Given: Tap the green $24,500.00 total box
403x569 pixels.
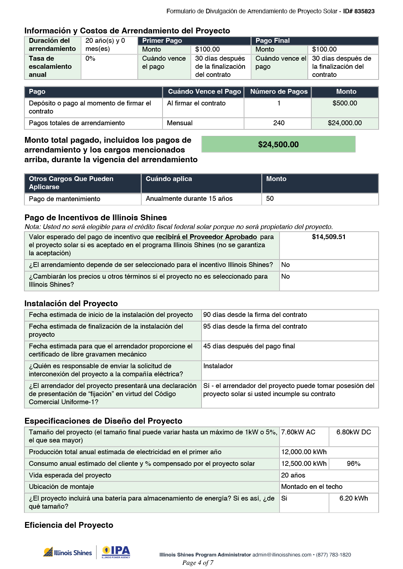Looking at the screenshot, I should coord(278,144).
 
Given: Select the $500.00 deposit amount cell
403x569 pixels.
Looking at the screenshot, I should coord(344,103).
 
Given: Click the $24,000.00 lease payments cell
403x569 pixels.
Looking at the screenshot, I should coord(344,123).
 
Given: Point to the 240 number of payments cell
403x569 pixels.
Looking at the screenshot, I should coord(279,123).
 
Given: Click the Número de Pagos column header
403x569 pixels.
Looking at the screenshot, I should coord(279,92).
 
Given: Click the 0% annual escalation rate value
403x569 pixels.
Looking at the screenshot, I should coord(90,59).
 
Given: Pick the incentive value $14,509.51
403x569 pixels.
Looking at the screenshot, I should coord(329,237).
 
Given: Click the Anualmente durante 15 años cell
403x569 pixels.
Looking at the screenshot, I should coord(189,199).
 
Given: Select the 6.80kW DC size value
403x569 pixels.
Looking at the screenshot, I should coord(354,432).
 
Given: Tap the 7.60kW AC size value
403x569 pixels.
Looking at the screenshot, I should coord(298,432).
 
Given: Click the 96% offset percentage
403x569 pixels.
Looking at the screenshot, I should coord(354,464).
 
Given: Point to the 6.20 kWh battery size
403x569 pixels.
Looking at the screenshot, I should coord(354,498).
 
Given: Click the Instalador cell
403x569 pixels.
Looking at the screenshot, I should coord(218,366).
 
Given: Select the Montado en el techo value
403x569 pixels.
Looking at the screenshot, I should coord(312,487).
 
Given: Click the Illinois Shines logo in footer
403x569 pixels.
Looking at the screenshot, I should coord(68,552).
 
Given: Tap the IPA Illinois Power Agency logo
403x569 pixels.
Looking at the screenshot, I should coord(116,552).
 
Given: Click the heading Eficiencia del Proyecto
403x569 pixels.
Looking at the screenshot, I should coord(69,525).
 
